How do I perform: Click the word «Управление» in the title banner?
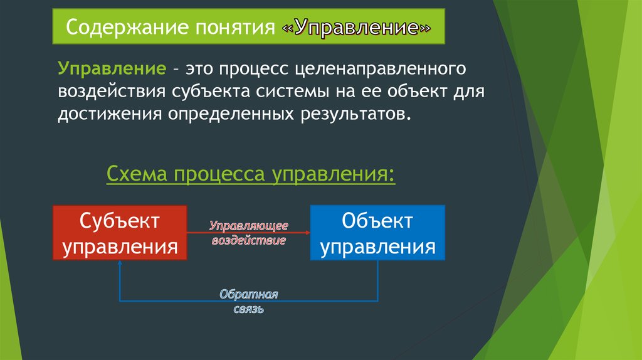pyautogui.click(x=356, y=28)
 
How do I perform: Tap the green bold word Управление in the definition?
pyautogui.click(x=112, y=68)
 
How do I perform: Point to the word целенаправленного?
pyautogui.click(x=381, y=69)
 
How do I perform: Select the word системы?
pyautogui.click(x=293, y=92)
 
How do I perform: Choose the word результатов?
pyautogui.click(x=355, y=114)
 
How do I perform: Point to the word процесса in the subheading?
pyautogui.click(x=220, y=174)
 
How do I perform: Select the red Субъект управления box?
pyautogui.click(x=120, y=233)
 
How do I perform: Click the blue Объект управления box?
pyautogui.click(x=377, y=233)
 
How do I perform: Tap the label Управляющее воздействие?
pyautogui.click(x=249, y=233)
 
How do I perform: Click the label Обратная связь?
pyautogui.click(x=248, y=301)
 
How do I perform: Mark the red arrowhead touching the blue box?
pyautogui.click(x=307, y=233)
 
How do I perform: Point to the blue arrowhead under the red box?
pyautogui.click(x=120, y=263)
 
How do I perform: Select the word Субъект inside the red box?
pyautogui.click(x=120, y=221)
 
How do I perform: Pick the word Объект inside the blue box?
pyautogui.click(x=377, y=221)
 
